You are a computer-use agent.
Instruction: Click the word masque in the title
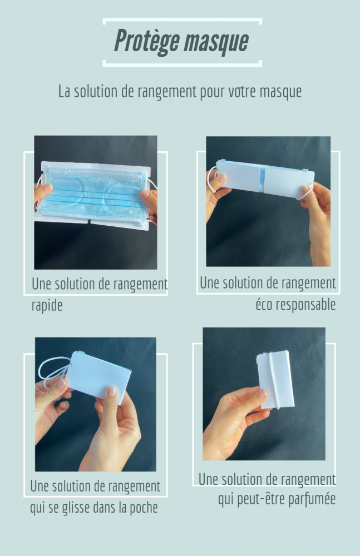(216, 42)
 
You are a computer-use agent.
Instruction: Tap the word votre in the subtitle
(243, 92)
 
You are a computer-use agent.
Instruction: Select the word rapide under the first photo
(47, 305)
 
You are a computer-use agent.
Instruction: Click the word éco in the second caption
(264, 305)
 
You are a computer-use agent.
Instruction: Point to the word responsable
(305, 305)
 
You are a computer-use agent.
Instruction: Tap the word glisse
(75, 508)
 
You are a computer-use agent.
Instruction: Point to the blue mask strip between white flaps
(262, 179)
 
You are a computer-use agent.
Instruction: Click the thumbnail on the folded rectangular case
(111, 391)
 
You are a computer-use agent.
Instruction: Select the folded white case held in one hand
(275, 380)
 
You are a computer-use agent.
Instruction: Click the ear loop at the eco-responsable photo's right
(306, 191)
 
